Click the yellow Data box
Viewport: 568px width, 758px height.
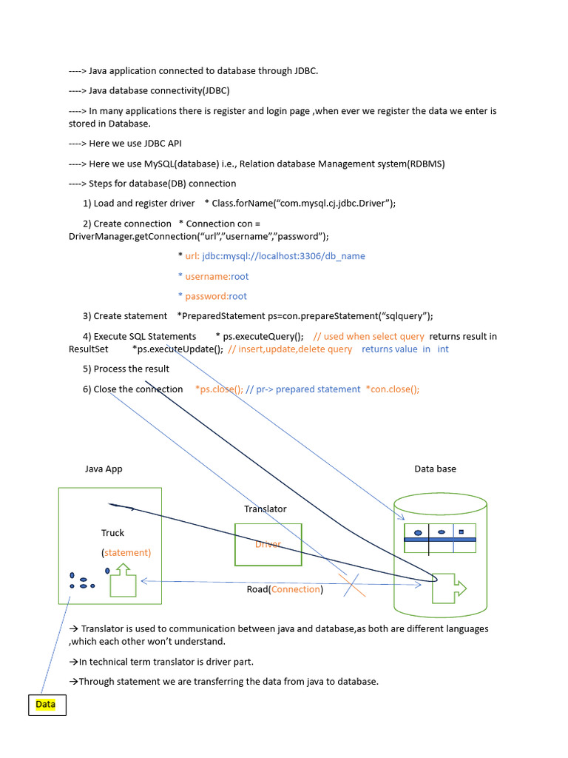pyautogui.click(x=46, y=705)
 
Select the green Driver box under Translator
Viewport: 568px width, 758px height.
pyautogui.click(x=268, y=546)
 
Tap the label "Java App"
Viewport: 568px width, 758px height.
pyautogui.click(x=104, y=469)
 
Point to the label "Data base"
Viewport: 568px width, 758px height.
pyautogui.click(x=435, y=469)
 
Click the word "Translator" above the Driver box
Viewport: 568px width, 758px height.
pyautogui.click(x=265, y=509)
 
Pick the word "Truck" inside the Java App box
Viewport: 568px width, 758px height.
pyautogui.click(x=112, y=533)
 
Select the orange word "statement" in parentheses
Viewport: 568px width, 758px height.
pyautogui.click(x=126, y=552)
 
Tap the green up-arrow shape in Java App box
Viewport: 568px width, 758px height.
pyautogui.click(x=123, y=580)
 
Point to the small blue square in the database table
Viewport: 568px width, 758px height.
pyautogui.click(x=461, y=531)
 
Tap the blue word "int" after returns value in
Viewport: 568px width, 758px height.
pyautogui.click(x=442, y=349)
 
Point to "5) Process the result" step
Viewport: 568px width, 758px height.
pyautogui.click(x=126, y=369)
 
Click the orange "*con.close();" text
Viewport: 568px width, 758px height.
pyautogui.click(x=393, y=389)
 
